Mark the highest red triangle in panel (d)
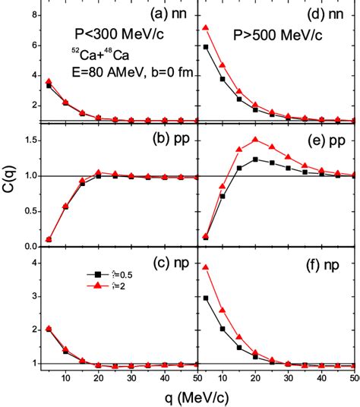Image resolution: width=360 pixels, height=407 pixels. [x=205, y=28]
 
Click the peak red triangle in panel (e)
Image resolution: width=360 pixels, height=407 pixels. [x=255, y=140]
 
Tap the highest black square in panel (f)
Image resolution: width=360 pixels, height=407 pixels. [x=205, y=298]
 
